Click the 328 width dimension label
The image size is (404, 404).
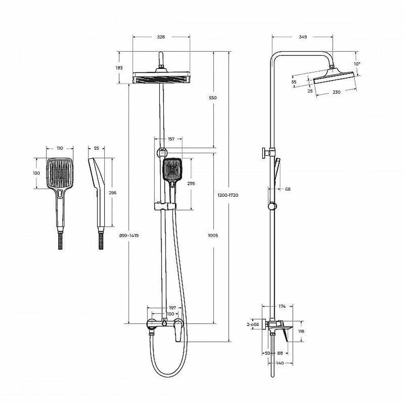(x=161, y=37)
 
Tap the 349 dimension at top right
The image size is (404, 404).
(x=303, y=37)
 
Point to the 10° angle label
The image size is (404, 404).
(x=357, y=64)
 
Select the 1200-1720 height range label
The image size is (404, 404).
(x=228, y=195)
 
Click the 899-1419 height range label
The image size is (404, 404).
(x=129, y=236)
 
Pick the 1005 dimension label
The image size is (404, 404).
(x=213, y=236)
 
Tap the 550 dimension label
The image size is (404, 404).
(x=213, y=98)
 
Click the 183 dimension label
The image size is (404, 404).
(x=119, y=68)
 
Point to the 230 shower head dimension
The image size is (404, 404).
(x=337, y=92)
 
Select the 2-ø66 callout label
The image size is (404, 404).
(x=253, y=324)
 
